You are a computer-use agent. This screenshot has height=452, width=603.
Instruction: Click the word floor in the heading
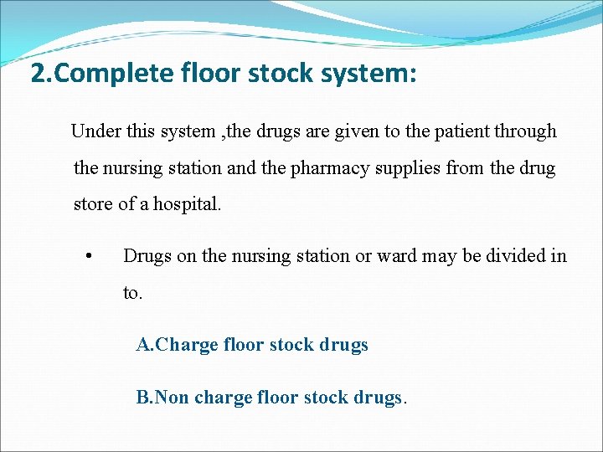[212, 74]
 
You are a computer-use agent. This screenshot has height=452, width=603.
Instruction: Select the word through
[525, 131]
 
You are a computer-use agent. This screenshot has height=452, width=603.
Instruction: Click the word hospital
[188, 204]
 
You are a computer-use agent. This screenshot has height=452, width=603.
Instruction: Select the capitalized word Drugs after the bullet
[147, 256]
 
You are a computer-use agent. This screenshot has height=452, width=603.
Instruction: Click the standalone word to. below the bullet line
[132, 293]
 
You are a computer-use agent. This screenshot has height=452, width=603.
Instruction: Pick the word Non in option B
[172, 397]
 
